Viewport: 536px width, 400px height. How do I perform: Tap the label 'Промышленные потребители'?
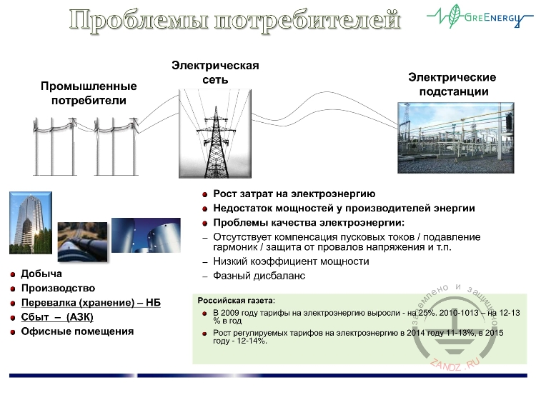pos(89,94)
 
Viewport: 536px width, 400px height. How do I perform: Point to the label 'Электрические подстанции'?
pos(452,84)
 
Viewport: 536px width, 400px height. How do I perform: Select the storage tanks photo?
pos(141,236)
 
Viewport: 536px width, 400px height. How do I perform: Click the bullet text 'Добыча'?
pos(41,274)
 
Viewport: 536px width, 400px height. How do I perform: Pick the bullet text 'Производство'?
pos(58,288)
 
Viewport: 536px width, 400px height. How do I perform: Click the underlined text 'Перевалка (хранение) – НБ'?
pos(91,303)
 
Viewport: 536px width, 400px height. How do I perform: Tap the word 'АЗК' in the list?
pos(79,317)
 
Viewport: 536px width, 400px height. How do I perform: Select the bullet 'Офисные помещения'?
pos(77,331)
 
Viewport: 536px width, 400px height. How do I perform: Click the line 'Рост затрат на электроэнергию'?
pos(294,194)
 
